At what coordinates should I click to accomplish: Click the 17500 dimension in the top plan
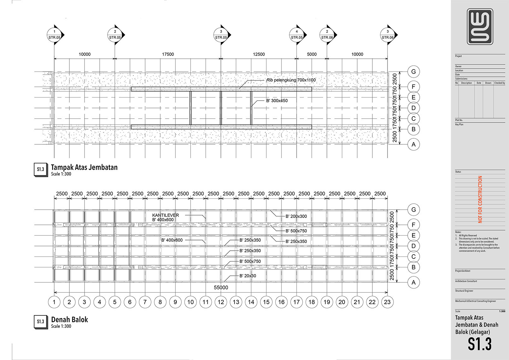pyautogui.click(x=168, y=54)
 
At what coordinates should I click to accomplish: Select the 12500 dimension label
pyautogui.click(x=259, y=54)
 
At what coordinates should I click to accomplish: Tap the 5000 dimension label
pyautogui.click(x=312, y=54)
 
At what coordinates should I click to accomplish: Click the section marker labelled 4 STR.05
pyautogui.click(x=297, y=34)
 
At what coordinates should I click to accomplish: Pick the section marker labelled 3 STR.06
pyautogui.click(x=388, y=34)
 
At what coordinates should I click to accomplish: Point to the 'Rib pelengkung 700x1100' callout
pyautogui.click(x=291, y=80)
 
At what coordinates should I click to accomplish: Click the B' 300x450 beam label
pyautogui.click(x=277, y=101)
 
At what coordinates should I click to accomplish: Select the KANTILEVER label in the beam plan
pyautogui.click(x=165, y=215)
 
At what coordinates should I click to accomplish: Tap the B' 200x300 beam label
pyautogui.click(x=296, y=216)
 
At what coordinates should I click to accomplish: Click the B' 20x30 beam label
pyautogui.click(x=248, y=276)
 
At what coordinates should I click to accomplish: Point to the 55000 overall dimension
pyautogui.click(x=221, y=287)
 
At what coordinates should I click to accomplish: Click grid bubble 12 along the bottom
pyautogui.click(x=221, y=302)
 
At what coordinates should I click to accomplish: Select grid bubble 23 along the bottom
pyautogui.click(x=387, y=302)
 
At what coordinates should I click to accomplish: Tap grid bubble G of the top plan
pyautogui.click(x=413, y=72)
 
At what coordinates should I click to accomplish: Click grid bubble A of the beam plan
pyautogui.click(x=413, y=282)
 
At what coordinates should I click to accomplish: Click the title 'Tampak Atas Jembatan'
pyautogui.click(x=84, y=167)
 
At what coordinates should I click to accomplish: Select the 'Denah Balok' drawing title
pyautogui.click(x=69, y=320)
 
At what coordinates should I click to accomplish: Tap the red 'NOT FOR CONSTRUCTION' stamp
pyautogui.click(x=480, y=199)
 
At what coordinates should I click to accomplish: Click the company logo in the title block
pyautogui.click(x=480, y=27)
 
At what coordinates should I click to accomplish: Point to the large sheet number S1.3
pyautogui.click(x=480, y=344)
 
